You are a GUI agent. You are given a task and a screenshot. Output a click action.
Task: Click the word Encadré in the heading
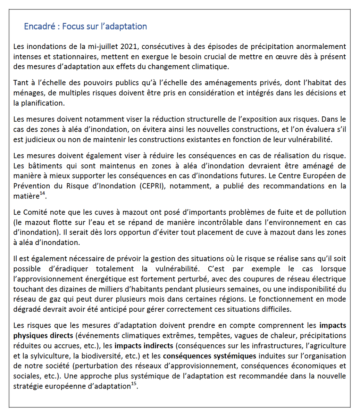coord(39,26)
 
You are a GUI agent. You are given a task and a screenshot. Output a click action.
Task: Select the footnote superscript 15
coord(134,384)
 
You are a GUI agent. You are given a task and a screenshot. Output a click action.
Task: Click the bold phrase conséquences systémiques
coord(209,356)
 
